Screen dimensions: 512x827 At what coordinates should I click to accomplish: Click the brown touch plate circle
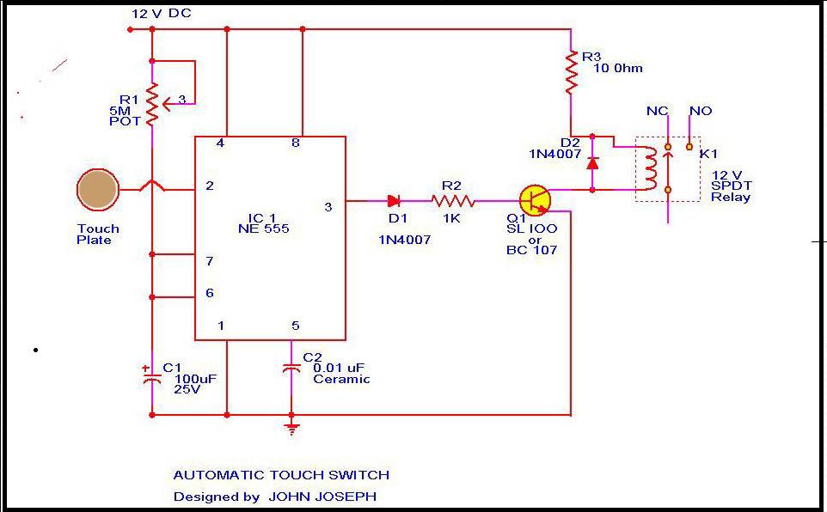click(x=97, y=190)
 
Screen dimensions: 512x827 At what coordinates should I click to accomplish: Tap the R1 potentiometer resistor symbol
click(x=152, y=103)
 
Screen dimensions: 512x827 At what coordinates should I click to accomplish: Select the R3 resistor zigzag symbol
click(x=571, y=72)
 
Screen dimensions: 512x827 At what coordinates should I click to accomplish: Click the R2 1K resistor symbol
click(x=452, y=201)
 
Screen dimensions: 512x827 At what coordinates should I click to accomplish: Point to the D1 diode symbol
click(x=394, y=201)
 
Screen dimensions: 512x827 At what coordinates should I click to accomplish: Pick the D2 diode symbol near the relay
click(x=592, y=162)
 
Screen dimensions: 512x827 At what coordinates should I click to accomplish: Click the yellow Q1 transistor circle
click(x=535, y=200)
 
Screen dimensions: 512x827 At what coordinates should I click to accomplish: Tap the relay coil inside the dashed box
click(x=652, y=168)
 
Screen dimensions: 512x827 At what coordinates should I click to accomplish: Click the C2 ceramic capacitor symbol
click(x=292, y=368)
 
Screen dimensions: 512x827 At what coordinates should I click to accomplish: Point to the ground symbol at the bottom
click(x=292, y=428)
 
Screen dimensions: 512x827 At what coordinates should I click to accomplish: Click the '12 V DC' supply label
click(x=162, y=15)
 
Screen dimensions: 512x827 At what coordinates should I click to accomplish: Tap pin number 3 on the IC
click(x=328, y=207)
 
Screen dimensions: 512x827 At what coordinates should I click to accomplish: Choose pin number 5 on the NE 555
click(x=296, y=326)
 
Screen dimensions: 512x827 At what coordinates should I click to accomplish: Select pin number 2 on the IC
click(x=210, y=186)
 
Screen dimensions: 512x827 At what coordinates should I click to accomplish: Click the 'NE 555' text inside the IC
click(x=264, y=229)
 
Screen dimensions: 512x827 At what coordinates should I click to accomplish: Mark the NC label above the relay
click(x=657, y=111)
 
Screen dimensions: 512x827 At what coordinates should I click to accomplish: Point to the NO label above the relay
click(x=701, y=111)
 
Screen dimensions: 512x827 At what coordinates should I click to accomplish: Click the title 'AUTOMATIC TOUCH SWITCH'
click(x=281, y=474)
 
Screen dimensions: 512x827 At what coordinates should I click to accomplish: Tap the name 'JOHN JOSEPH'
click(x=322, y=497)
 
